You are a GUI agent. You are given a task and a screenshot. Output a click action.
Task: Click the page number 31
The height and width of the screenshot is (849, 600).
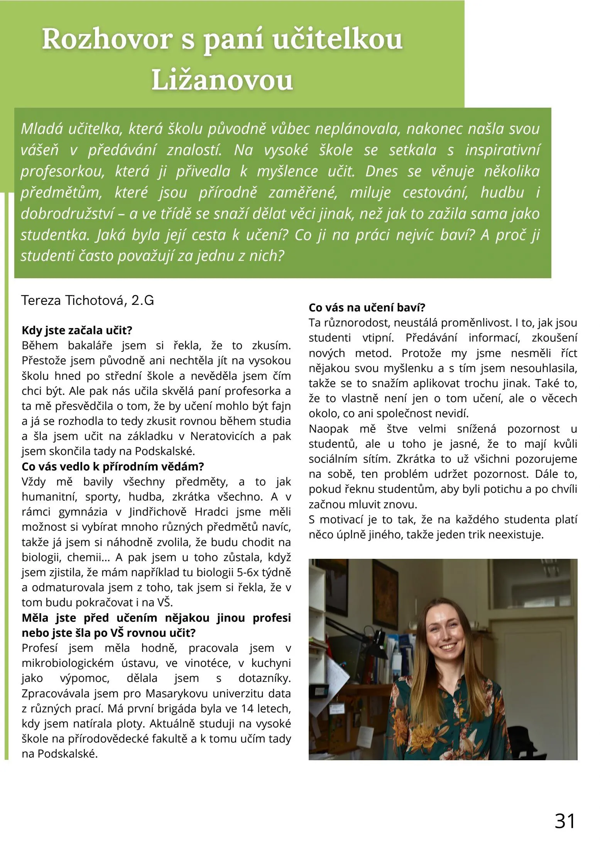pos(565,820)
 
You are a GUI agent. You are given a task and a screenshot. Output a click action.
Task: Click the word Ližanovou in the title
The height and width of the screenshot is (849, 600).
pos(222,80)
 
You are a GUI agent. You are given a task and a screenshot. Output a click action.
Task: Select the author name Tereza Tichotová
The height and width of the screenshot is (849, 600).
pos(74,300)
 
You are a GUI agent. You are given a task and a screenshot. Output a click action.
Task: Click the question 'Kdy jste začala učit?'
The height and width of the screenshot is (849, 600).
pos(77,330)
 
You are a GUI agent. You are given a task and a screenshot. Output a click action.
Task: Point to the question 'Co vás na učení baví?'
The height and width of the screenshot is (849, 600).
pos(367,308)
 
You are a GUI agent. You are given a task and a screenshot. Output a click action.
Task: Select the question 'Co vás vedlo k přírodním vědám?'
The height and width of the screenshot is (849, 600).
pos(113,467)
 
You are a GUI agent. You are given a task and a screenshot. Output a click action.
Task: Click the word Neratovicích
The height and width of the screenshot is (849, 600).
pos(223,436)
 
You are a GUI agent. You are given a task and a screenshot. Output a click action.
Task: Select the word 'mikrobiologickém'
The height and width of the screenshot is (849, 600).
pos(68,663)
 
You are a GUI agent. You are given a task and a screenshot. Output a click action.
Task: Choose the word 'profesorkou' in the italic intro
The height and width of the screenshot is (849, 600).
pos(62,171)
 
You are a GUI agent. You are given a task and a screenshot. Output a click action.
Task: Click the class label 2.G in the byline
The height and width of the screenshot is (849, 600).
pos(143,300)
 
